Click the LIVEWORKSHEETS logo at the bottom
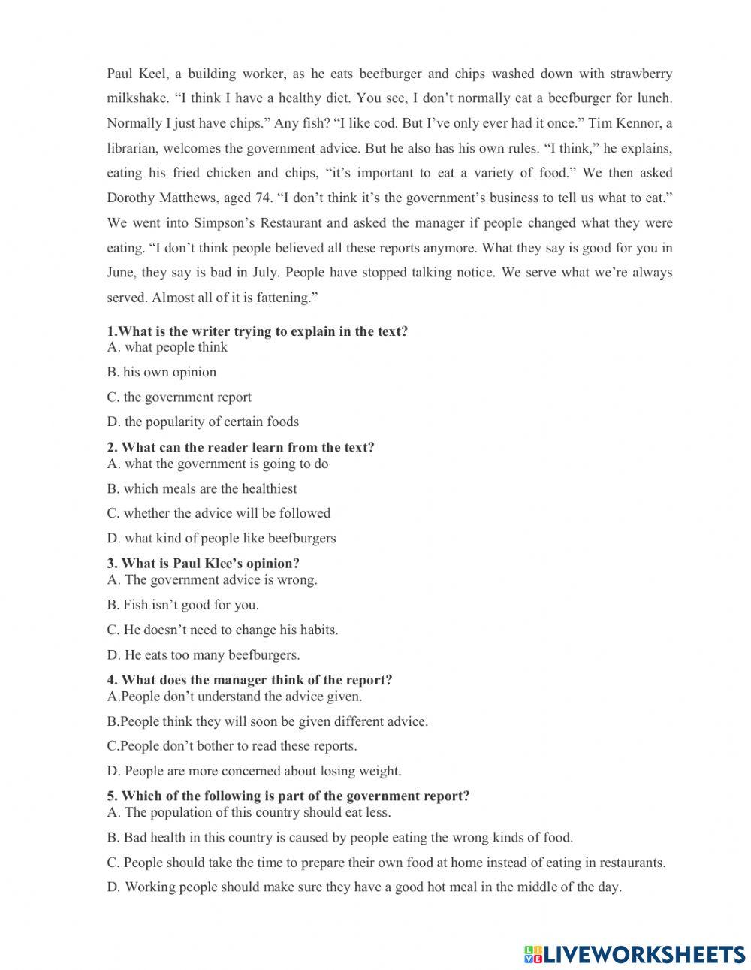[635, 954]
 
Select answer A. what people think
[167, 347]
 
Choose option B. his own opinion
[161, 372]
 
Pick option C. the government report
[179, 397]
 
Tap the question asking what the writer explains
[257, 331]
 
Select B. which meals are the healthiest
[201, 488]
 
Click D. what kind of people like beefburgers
[221, 538]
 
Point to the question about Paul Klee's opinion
[203, 563]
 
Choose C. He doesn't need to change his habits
[222, 630]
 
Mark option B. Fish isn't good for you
[182, 605]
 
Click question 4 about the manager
[249, 680]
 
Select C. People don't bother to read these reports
[232, 746]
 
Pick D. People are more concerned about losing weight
[254, 771]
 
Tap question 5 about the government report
[288, 796]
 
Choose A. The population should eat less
[249, 812]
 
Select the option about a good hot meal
[363, 887]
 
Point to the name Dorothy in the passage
[132, 198]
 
